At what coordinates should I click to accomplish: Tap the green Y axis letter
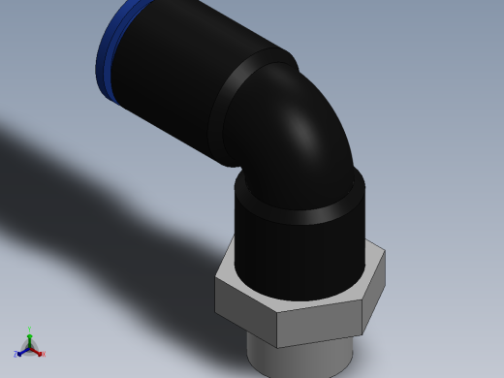click(x=30, y=330)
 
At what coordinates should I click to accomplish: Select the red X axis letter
click(x=44, y=355)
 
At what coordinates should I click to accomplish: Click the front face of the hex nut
click(x=320, y=325)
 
